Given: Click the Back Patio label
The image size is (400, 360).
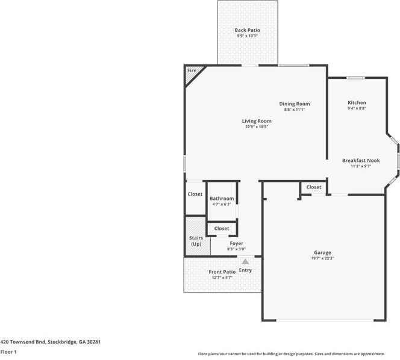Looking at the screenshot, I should pos(247,30).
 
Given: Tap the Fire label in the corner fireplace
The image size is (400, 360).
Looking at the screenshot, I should pos(192,71).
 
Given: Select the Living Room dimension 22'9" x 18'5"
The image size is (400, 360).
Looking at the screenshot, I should pos(257,127).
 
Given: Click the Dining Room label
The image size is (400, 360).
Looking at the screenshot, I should pos(295,104).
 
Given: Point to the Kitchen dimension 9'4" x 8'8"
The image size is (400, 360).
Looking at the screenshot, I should pos(357,108).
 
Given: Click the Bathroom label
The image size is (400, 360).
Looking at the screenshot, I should pos(222,199).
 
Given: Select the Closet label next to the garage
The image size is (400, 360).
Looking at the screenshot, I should pos(314,187).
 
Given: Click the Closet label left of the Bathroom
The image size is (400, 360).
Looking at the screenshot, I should pos(195,194).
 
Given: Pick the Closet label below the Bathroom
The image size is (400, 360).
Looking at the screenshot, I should pos(222,229).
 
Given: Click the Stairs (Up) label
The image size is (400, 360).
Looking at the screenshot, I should pos(196,241).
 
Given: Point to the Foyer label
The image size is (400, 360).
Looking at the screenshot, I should pos(236,244).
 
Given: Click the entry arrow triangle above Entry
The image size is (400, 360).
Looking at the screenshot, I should pos(245,261).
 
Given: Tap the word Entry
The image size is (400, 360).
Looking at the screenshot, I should pos(245,270).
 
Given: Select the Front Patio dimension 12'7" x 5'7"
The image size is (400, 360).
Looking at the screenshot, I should pos(222,278).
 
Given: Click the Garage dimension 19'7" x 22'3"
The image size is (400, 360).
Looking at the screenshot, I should pos(322,259).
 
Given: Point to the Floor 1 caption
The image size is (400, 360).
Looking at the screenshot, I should pos(8,351).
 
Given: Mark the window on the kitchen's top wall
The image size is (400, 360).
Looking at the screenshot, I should pos(355,77).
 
